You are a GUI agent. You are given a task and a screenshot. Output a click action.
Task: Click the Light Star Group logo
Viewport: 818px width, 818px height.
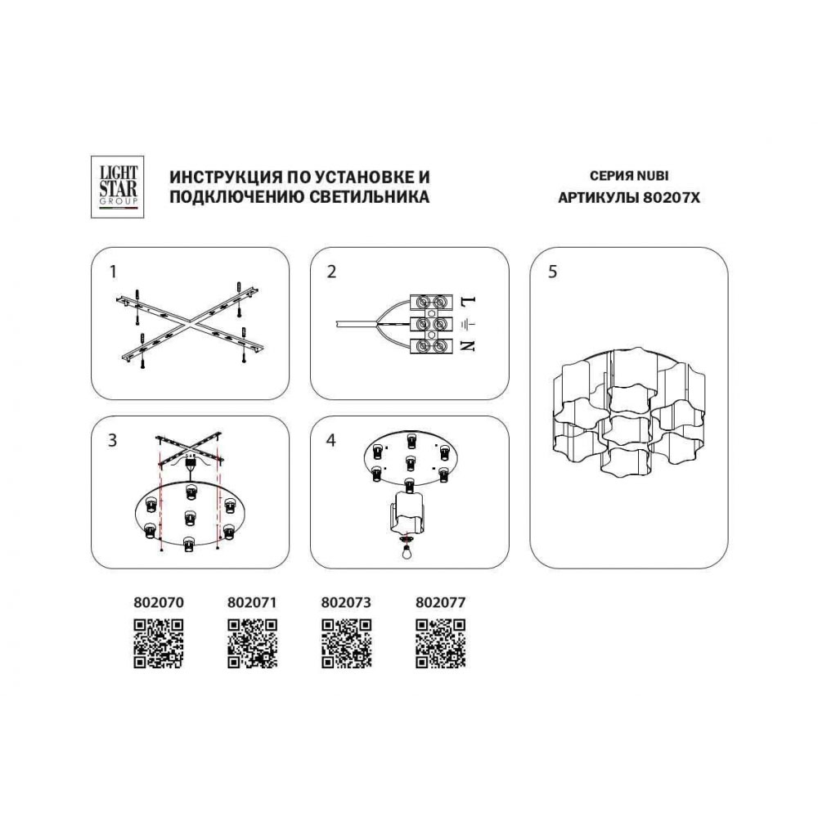[x=117, y=187]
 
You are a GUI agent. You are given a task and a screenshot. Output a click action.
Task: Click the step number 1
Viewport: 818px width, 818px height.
[x=113, y=272]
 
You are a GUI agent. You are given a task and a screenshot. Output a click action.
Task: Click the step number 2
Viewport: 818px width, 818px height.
[x=332, y=272]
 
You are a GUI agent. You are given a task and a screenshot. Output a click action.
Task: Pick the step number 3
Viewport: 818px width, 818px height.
[x=113, y=440]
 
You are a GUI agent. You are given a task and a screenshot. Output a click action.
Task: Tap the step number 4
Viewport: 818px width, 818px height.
[x=331, y=440]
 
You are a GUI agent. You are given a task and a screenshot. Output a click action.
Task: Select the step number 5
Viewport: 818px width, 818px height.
[x=553, y=272]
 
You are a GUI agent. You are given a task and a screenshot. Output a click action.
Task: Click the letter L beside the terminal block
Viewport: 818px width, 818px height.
[x=469, y=301]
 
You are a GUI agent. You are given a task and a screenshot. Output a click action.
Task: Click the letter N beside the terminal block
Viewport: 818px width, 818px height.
[x=469, y=345]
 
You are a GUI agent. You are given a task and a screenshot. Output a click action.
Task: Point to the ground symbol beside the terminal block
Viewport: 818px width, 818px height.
[x=468, y=325]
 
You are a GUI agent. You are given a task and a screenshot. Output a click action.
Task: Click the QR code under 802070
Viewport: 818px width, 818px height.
[x=159, y=644]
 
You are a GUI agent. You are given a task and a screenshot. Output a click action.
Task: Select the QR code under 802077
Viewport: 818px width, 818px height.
[x=440, y=644]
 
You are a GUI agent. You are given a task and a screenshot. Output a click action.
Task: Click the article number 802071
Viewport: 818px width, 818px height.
[x=253, y=603]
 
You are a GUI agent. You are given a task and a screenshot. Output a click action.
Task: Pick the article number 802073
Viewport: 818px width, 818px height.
[x=346, y=603]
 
